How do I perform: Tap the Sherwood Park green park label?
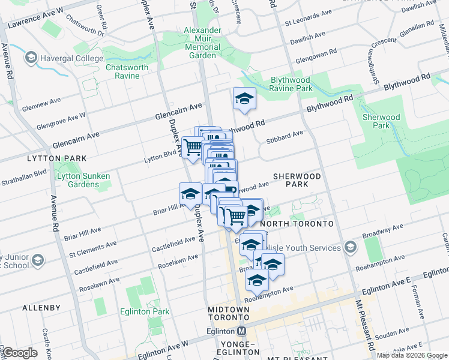(x=381, y=121)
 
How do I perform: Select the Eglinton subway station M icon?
(x=242, y=331)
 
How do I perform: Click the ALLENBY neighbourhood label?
(x=41, y=308)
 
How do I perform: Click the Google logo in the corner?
(x=20, y=353)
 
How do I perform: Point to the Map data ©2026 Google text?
(x=412, y=355)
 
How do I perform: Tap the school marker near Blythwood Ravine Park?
(x=244, y=100)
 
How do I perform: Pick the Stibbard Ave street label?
(x=290, y=136)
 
